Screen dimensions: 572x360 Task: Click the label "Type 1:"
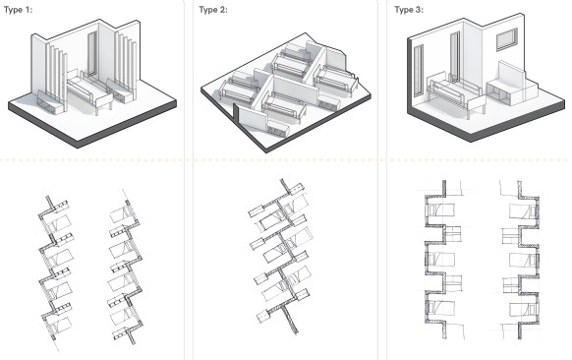tap(18, 10)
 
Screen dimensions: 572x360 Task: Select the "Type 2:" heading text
tap(213, 10)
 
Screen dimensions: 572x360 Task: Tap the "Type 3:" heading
tap(409, 10)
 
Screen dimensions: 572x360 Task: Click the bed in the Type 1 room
tap(90, 91)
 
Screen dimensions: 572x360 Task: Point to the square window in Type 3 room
tap(507, 39)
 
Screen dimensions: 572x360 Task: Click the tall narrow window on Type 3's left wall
tap(419, 71)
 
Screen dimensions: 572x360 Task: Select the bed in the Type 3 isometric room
tap(455, 95)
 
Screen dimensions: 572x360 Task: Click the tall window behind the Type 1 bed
tap(91, 54)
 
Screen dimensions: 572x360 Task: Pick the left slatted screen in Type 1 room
tap(57, 77)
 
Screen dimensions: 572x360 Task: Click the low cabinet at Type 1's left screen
tap(50, 103)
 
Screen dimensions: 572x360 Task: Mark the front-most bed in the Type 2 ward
tap(284, 106)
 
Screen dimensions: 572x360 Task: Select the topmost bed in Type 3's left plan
tap(440, 210)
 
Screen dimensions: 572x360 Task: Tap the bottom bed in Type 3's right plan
tap(524, 310)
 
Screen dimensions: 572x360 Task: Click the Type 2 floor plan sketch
tap(281, 256)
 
